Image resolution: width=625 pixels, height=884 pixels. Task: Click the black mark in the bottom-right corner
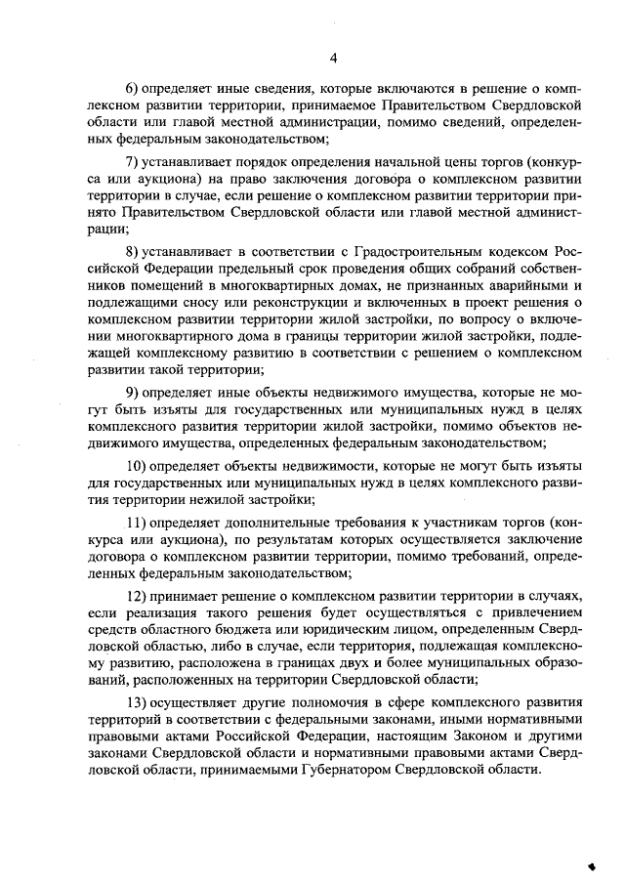point(591,864)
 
